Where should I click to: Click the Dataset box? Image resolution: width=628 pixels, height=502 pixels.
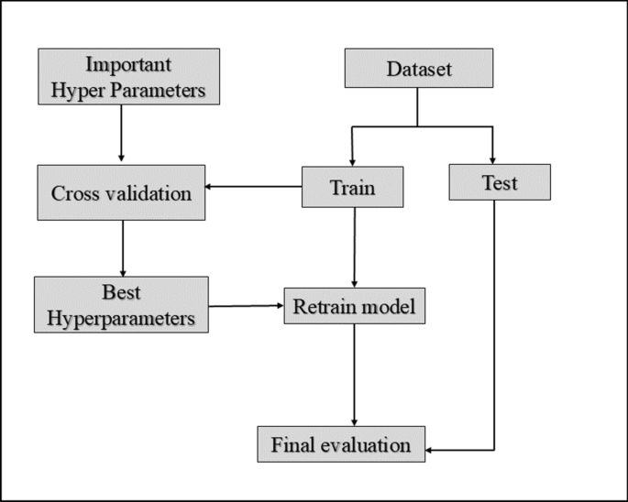coord(418,70)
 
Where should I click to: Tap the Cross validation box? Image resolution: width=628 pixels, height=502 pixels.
coord(121,193)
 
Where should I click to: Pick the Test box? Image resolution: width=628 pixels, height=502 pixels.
coord(499,183)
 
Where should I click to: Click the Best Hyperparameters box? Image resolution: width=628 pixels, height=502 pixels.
coord(121,306)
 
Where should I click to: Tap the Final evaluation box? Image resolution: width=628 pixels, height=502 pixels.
coord(341,445)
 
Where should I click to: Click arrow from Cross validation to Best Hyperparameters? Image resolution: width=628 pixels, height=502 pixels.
coord(122,248)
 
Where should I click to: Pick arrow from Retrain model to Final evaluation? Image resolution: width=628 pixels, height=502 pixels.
coord(354,376)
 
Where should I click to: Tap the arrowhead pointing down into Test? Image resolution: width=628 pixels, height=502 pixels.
coord(493,159)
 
